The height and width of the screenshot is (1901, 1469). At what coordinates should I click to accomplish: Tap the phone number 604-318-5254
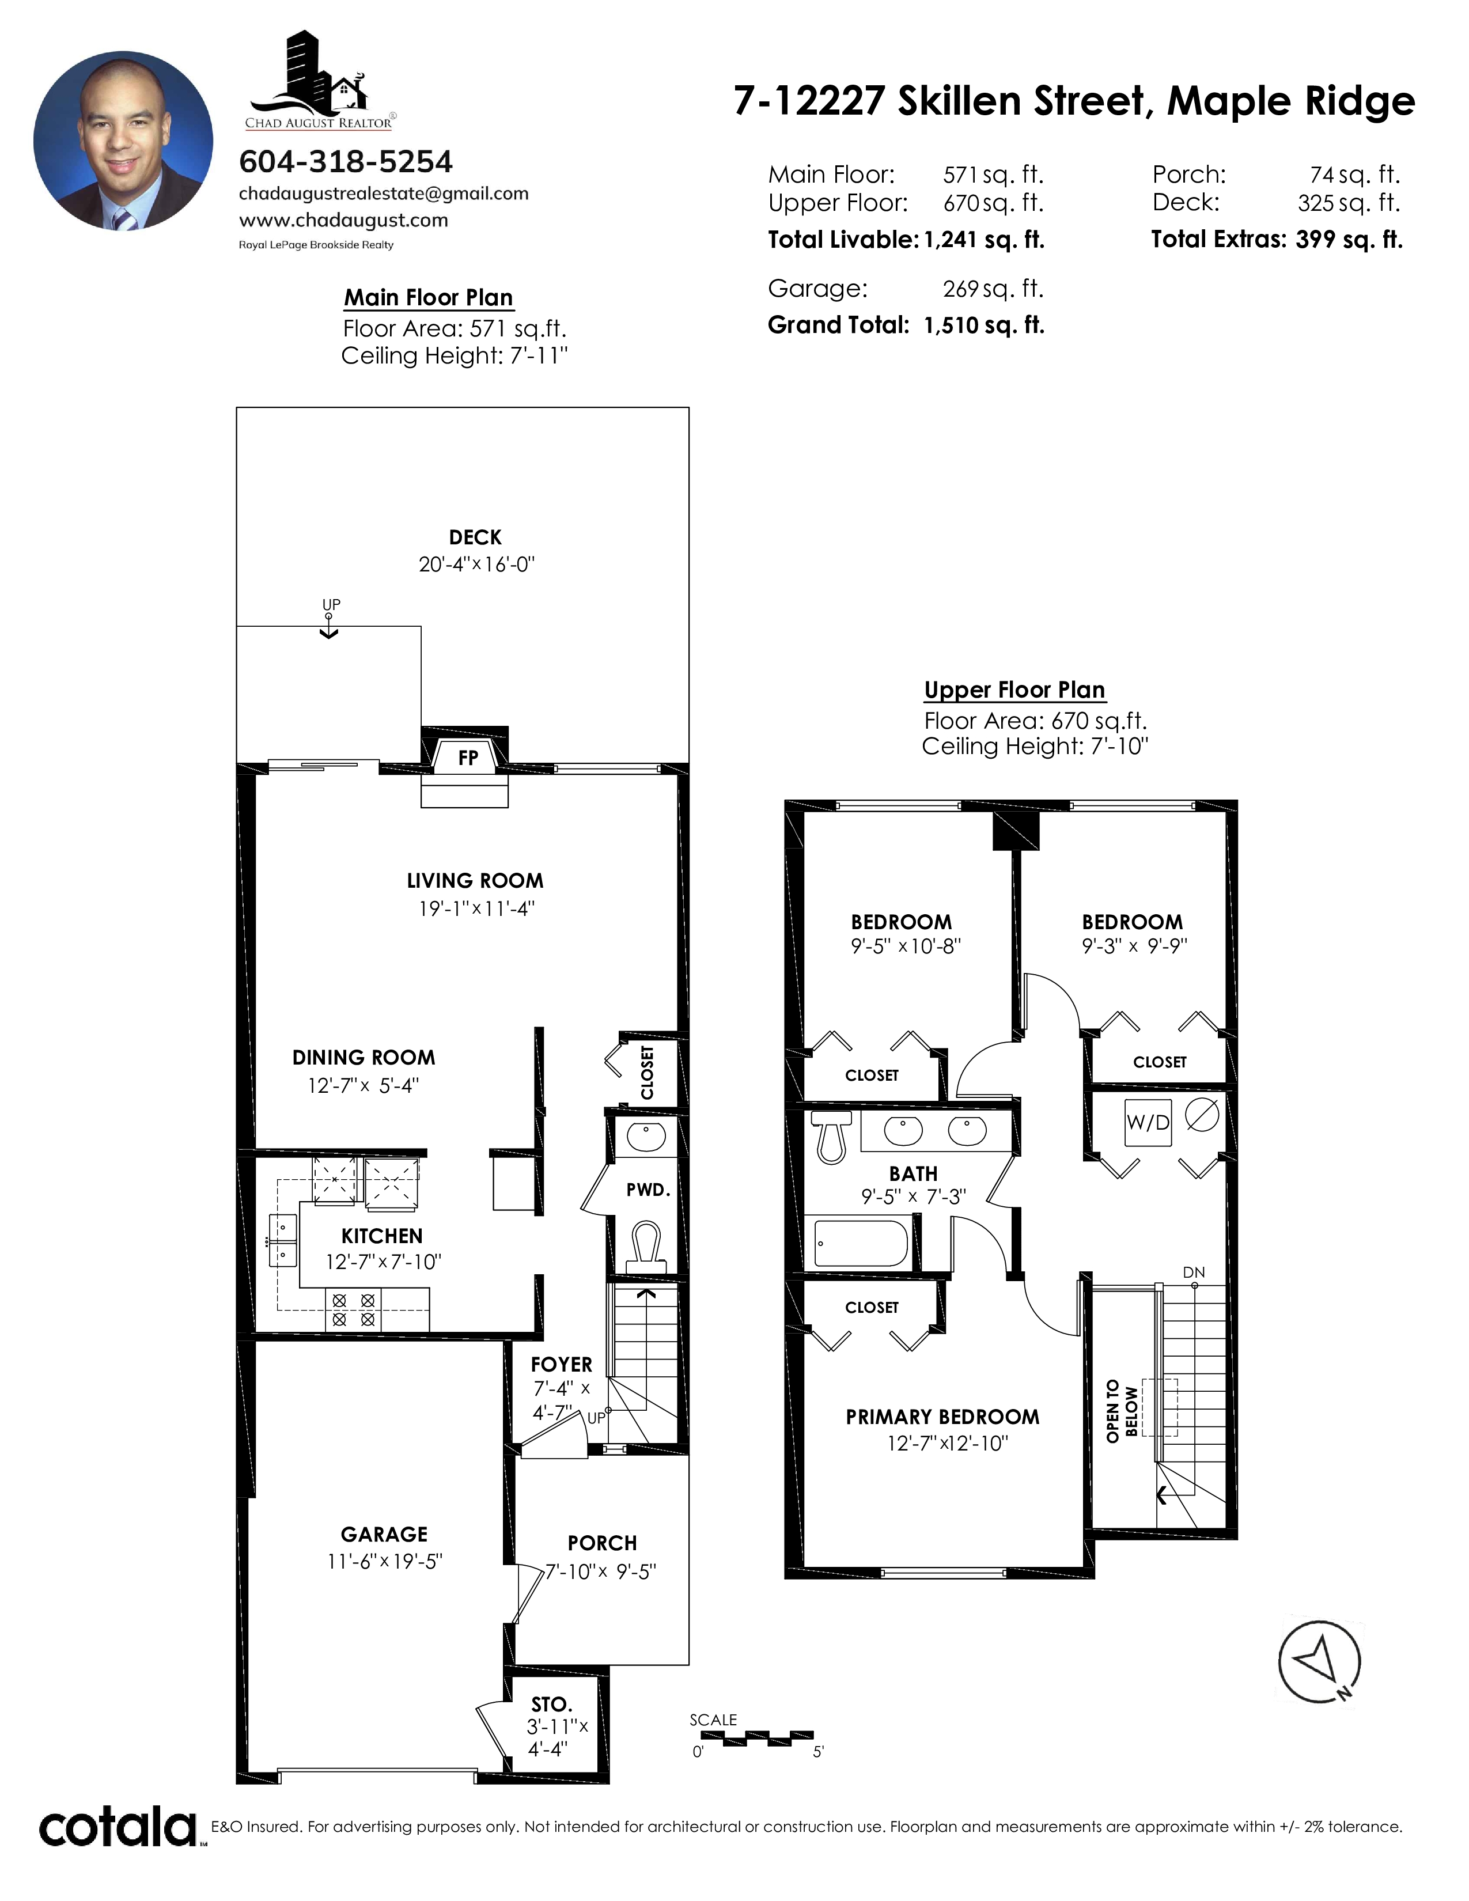[x=346, y=162]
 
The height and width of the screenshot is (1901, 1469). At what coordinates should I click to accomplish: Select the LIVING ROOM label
[x=475, y=881]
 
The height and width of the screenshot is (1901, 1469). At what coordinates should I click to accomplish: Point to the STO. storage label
[x=551, y=1705]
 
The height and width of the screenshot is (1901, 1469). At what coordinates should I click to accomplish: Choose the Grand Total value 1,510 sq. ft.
[x=983, y=325]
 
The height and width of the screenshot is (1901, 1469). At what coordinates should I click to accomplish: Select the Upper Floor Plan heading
[x=1014, y=690]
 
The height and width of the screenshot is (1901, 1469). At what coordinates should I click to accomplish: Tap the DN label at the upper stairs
[x=1193, y=1273]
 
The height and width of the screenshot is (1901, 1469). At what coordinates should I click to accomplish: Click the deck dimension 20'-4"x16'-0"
[x=476, y=564]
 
